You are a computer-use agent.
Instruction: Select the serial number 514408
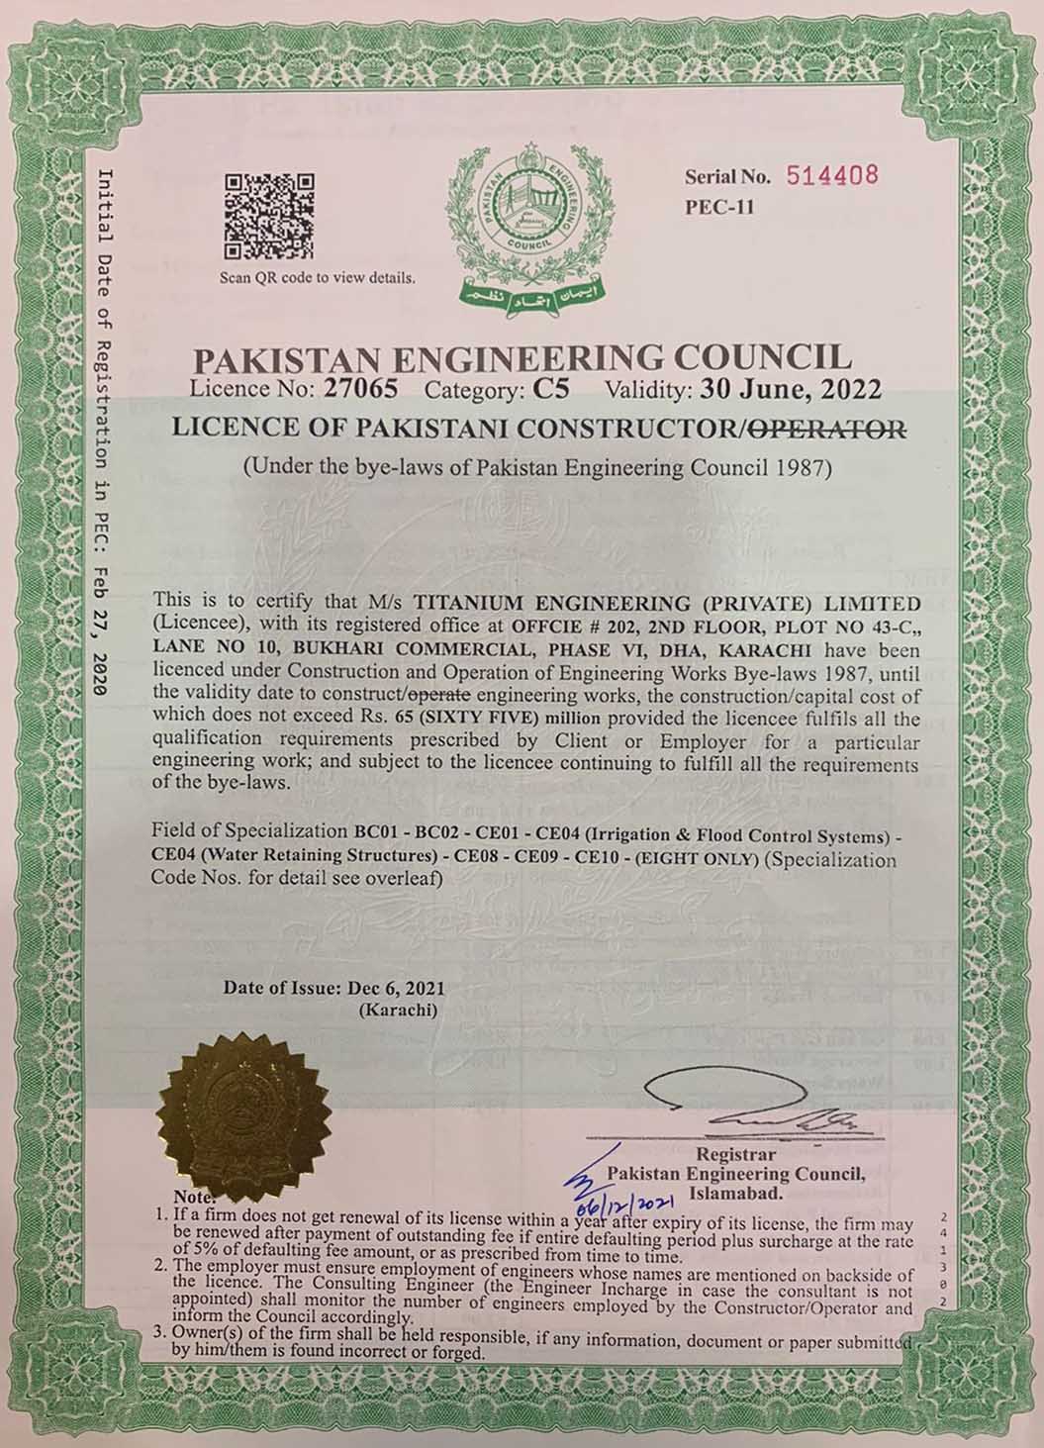(832, 176)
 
